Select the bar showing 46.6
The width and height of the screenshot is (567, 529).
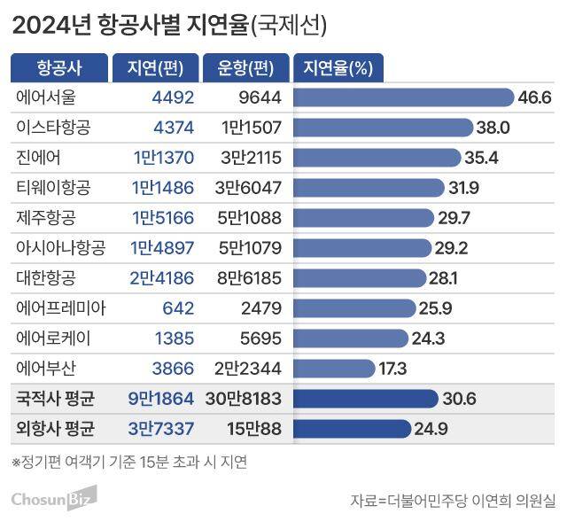tap(403, 97)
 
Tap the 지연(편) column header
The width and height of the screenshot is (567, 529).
tap(152, 67)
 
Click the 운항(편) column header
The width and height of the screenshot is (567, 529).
tap(245, 67)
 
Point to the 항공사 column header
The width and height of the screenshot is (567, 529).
tap(58, 67)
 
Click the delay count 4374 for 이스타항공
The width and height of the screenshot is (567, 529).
tap(173, 127)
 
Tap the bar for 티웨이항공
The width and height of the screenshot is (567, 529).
tap(368, 187)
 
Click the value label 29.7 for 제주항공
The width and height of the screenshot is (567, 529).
tap(452, 217)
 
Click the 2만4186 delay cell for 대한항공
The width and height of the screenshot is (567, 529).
tap(161, 277)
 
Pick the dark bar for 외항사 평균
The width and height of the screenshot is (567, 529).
tap(351, 429)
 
